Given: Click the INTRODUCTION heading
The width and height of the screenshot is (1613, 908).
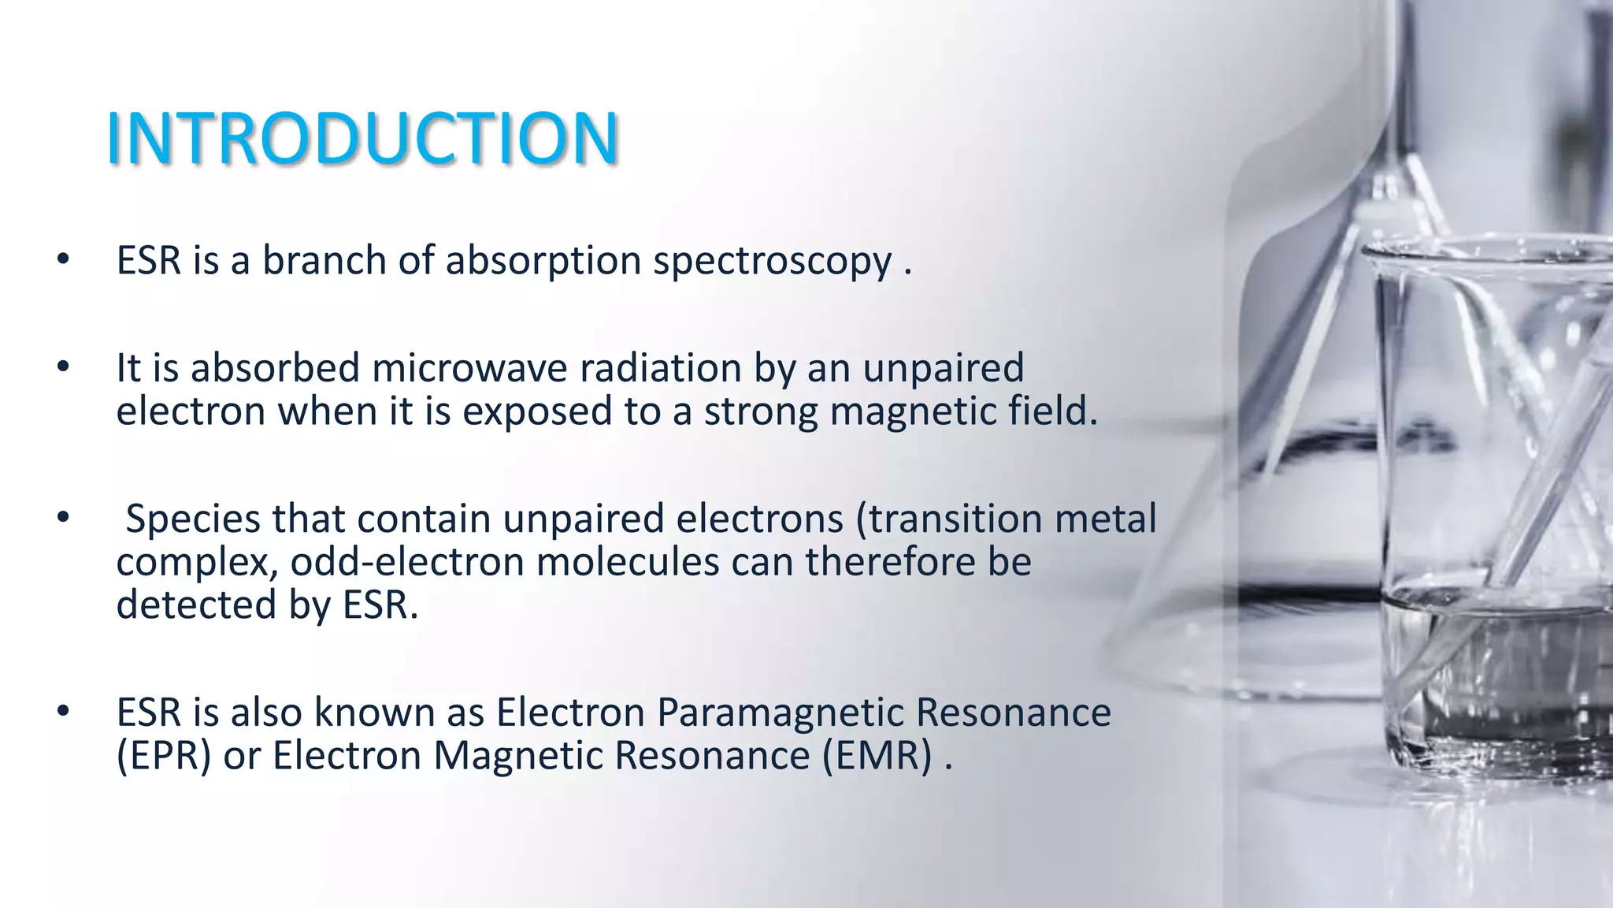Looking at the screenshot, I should (362, 139).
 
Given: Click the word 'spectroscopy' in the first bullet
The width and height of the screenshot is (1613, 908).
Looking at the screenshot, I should (772, 261).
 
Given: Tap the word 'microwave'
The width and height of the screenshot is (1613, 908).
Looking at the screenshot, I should (469, 368).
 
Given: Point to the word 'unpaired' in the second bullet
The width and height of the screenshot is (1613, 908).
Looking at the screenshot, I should (943, 368).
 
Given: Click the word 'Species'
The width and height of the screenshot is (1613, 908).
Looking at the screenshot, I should (193, 519).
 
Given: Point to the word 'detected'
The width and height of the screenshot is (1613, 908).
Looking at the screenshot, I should (196, 605).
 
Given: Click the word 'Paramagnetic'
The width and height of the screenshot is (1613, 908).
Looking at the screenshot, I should (780, 713).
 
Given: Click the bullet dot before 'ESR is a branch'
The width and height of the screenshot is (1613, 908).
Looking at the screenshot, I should (64, 259).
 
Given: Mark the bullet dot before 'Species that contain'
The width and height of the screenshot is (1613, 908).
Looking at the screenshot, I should (64, 518).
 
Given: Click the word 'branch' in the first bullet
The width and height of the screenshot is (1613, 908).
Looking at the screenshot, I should (324, 261).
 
